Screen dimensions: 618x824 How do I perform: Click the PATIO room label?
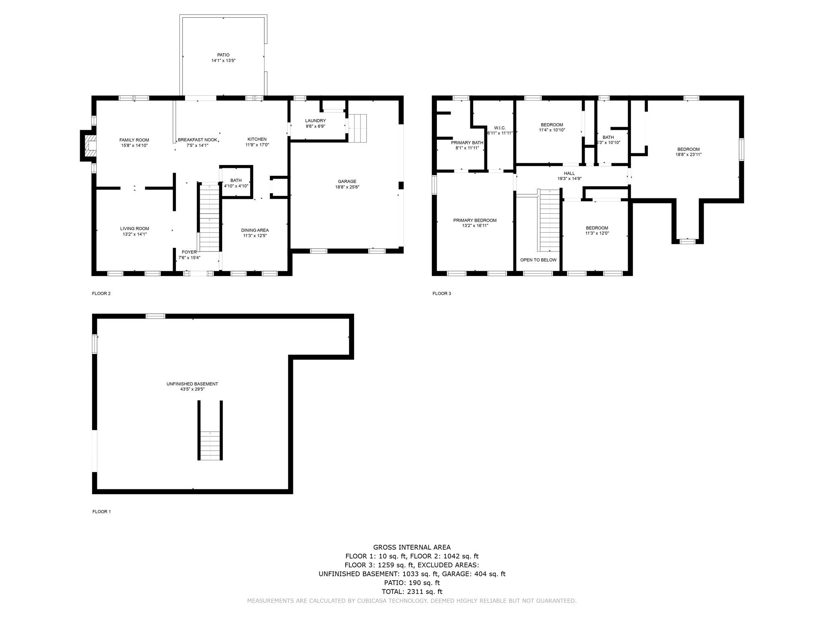pos(223,55)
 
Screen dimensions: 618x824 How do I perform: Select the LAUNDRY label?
pos(315,121)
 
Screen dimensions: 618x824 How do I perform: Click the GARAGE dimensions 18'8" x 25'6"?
pos(347,187)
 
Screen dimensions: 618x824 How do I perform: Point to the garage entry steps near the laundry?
pos(358,128)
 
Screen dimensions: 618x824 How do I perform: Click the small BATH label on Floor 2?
pos(236,180)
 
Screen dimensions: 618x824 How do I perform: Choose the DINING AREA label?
pos(255,230)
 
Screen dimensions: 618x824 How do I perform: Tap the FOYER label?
pos(189,252)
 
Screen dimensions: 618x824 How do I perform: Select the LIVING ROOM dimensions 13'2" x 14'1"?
pos(135,234)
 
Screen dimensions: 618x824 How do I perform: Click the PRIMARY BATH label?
pos(467,143)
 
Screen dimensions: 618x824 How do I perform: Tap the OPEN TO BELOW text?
pos(538,260)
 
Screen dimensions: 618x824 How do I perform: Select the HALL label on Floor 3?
pos(569,173)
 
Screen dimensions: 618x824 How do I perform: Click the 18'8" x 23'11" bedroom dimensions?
pos(689,154)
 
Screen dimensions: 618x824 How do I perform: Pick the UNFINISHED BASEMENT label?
pos(192,384)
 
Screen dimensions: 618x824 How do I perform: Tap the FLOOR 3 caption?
pos(442,293)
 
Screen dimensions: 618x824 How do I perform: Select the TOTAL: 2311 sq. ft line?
pos(412,591)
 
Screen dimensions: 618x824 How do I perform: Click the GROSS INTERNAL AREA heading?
pos(412,547)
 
